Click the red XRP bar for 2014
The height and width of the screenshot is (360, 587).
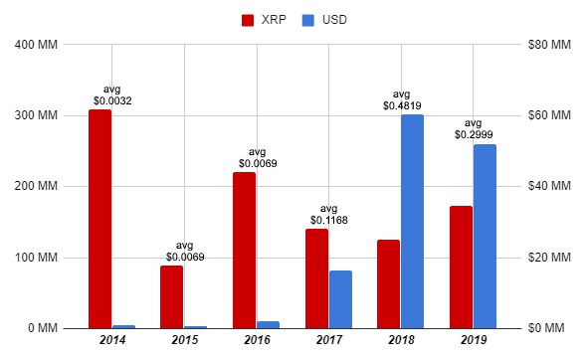99,219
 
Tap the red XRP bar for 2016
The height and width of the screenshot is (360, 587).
244,250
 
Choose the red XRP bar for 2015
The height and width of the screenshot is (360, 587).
171,296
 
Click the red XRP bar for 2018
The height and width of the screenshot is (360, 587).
387,283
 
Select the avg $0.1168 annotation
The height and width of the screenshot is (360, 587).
328,214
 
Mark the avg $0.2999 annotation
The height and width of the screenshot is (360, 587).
475,128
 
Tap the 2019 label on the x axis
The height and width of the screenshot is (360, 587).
473,343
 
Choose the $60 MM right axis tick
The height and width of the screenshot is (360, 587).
549,115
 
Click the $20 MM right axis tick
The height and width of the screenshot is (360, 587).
549,258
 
